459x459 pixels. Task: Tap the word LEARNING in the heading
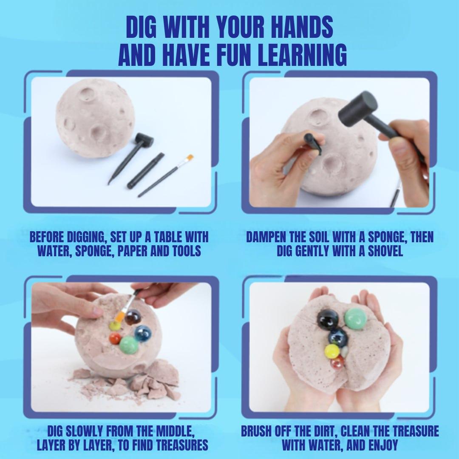[303, 55]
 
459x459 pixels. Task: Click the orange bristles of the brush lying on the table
[189, 159]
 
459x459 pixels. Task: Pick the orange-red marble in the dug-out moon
[115, 339]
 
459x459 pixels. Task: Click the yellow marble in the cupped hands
[332, 351]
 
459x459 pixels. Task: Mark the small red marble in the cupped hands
[337, 362]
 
